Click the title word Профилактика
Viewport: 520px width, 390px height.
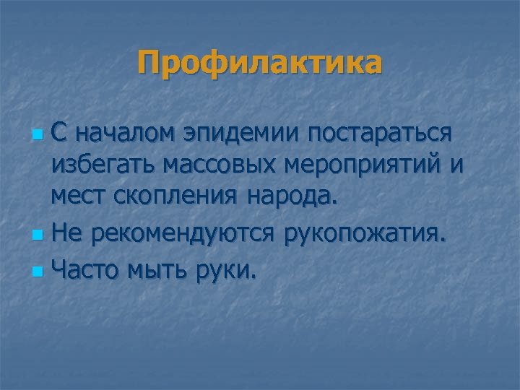coord(260,63)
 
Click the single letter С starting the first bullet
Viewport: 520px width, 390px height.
coord(61,134)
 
